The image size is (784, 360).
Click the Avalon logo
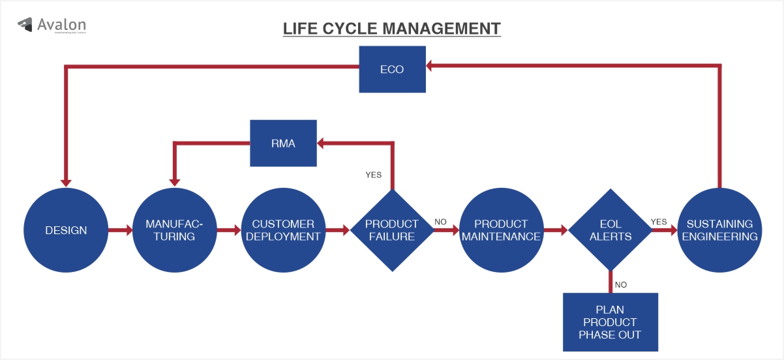pos(52,25)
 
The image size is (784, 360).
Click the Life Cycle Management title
pos(391,29)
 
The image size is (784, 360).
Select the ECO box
pos(392,69)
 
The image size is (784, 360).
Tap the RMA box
pos(283,143)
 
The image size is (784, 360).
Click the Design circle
pos(66,230)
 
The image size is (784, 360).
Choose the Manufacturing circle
pos(174,230)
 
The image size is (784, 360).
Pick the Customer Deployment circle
pos(283,230)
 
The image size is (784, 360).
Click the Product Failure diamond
pos(392,230)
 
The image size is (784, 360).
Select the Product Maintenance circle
pos(501,230)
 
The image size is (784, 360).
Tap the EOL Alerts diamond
pos(610,230)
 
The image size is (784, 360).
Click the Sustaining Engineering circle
pos(719,230)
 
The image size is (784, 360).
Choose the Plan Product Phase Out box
pos(610,322)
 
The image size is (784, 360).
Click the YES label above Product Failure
pos(373,175)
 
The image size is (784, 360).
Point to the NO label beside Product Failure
pos(440,222)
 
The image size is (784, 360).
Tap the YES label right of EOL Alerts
pos(659,222)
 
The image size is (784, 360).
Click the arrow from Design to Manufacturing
pos(120,230)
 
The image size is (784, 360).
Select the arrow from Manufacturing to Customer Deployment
pos(229,230)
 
